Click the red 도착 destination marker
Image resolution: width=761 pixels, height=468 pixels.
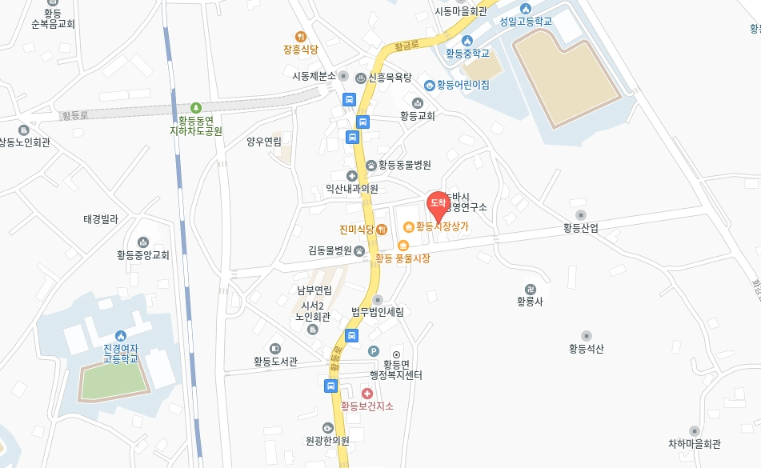pyautogui.click(x=438, y=204)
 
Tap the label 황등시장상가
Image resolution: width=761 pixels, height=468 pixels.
pyautogui.click(x=443, y=226)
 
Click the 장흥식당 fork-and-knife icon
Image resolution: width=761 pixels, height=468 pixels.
pyautogui.click(x=301, y=36)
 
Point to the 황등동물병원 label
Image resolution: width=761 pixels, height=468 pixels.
pyautogui.click(x=405, y=165)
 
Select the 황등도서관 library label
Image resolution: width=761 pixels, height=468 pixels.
pyautogui.click(x=275, y=362)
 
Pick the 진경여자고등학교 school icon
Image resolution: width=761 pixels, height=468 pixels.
pyautogui.click(x=120, y=335)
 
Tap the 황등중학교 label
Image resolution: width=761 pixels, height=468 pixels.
pyautogui.click(x=467, y=54)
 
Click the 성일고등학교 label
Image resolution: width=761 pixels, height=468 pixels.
pyautogui.click(x=526, y=21)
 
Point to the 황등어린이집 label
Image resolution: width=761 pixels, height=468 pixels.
pyautogui.click(x=463, y=85)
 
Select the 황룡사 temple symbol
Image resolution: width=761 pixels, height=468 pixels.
pyautogui.click(x=530, y=289)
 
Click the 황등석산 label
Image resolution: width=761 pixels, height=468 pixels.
pyautogui.click(x=587, y=349)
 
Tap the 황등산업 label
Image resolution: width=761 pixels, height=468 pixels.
pyautogui.click(x=581, y=228)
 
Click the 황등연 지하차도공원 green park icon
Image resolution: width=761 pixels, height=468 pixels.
pyautogui.click(x=196, y=108)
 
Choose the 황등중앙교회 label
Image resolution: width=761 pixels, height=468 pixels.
pyautogui.click(x=143, y=255)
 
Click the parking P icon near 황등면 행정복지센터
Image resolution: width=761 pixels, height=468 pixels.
pyautogui.click(x=373, y=350)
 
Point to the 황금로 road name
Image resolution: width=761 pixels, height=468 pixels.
pyautogui.click(x=408, y=46)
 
